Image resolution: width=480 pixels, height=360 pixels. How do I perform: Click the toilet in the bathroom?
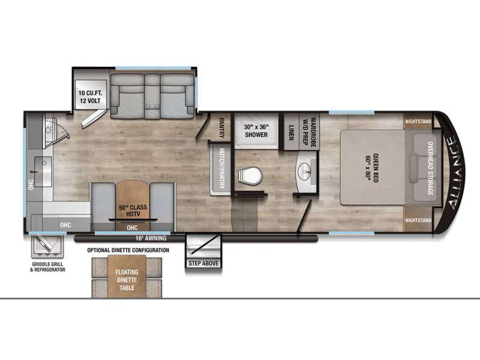coord(250,176)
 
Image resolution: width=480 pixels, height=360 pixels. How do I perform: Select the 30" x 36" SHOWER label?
coord(256,131)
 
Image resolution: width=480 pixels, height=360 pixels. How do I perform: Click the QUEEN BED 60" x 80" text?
coord(371,168)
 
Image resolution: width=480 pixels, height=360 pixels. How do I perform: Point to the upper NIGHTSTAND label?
coord(418,122)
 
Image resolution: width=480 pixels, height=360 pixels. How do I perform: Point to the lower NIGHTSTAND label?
coord(418,220)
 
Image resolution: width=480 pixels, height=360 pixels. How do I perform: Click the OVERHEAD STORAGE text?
coord(430,168)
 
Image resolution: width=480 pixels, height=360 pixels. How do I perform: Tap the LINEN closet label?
coord(291,133)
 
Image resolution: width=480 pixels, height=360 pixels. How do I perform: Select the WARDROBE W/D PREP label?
coord(309,132)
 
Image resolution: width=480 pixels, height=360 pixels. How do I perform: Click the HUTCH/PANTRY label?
coord(221,169)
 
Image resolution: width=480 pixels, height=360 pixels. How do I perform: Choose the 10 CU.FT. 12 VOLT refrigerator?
coord(91,97)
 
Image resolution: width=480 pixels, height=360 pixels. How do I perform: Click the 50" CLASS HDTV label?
coord(133,211)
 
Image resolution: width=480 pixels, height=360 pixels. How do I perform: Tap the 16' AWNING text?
coord(151,238)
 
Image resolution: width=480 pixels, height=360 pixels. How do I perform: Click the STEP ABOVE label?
coord(203,263)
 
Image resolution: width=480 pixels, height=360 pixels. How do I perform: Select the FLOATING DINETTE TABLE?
coord(127,277)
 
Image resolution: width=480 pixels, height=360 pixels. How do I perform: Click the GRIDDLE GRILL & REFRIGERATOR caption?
coord(48,267)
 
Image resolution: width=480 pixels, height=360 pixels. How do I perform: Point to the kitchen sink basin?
coord(43,172)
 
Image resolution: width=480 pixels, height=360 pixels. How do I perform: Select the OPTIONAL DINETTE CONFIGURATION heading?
coord(128,250)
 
